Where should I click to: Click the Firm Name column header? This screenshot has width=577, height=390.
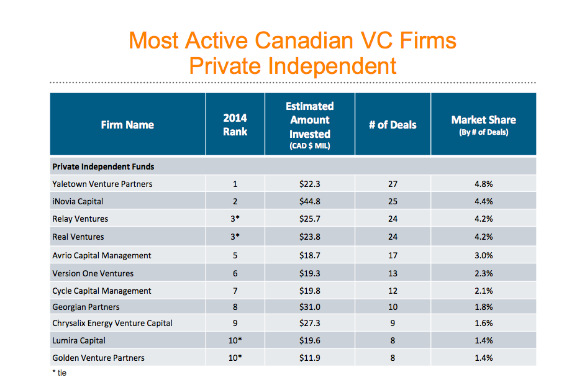[127, 125]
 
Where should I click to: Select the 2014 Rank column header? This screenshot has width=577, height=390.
[235, 124]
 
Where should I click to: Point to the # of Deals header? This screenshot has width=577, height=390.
[393, 125]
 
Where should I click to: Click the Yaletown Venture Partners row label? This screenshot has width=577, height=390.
[102, 184]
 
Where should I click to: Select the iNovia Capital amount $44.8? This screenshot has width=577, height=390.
[309, 201]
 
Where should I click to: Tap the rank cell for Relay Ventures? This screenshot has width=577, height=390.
[235, 219]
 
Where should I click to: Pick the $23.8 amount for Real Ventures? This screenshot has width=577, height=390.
[309, 237]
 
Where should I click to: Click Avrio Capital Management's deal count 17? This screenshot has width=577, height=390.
[393, 255]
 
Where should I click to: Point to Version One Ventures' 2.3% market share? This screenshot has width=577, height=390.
[483, 273]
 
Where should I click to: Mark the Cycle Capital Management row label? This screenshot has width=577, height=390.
[102, 291]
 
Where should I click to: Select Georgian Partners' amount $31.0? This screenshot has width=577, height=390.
[309, 307]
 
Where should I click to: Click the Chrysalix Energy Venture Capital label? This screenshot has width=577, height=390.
[112, 323]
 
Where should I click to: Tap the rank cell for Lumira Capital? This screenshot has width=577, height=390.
[235, 340]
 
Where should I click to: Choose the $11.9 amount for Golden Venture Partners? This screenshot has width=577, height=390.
[309, 358]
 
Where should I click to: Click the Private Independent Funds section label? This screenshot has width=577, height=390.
[103, 166]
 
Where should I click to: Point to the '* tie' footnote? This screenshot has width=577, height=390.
[59, 373]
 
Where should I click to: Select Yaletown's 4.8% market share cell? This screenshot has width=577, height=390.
[483, 184]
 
